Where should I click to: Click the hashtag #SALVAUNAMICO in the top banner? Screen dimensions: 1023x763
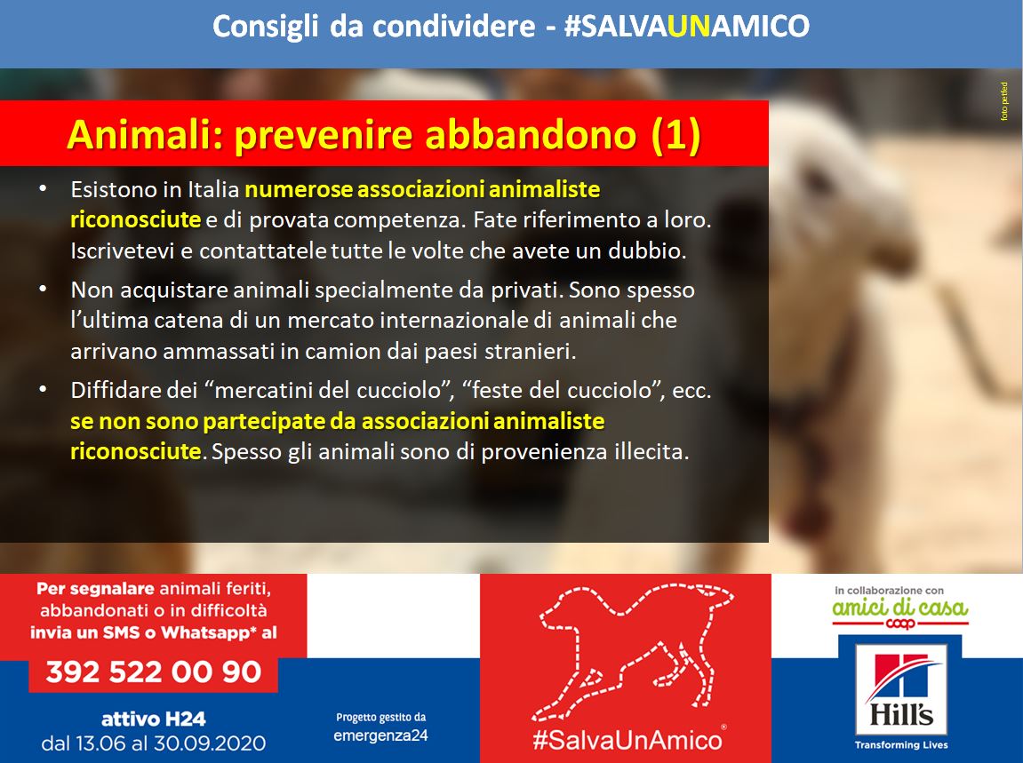click(686, 26)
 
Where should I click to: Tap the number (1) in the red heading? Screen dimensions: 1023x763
click(676, 134)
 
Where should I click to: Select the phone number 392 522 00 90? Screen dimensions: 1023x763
click(154, 672)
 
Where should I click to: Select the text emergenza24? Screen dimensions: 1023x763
click(381, 735)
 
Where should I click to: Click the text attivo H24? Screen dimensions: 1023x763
click(154, 719)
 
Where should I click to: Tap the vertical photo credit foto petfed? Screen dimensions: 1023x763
click(1004, 101)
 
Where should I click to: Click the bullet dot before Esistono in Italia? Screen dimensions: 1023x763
click(43, 188)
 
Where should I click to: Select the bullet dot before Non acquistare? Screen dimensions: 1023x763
click(43, 289)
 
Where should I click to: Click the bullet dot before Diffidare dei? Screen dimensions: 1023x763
click(43, 389)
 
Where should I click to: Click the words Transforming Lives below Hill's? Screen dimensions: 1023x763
click(901, 744)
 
